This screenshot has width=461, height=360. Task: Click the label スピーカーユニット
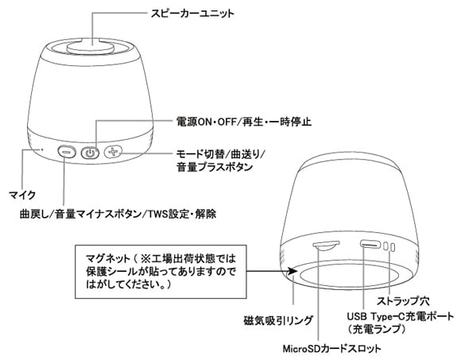192,14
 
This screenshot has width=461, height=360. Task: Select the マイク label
22,195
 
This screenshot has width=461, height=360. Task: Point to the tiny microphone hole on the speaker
42,149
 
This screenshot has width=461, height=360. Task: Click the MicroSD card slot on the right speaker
326,246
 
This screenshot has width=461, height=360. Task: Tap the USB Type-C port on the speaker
370,245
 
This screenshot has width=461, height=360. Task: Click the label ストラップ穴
403,301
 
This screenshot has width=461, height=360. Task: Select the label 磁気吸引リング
278,320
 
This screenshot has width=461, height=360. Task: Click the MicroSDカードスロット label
331,349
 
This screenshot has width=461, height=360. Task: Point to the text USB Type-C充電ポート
401,316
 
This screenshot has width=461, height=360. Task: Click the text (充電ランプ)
377,329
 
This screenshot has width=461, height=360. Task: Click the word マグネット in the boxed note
108,258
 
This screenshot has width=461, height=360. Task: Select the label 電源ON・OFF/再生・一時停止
244,122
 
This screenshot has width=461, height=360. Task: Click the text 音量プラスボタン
215,167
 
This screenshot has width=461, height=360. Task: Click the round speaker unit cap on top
91,48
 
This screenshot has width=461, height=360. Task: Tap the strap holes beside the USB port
389,247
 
